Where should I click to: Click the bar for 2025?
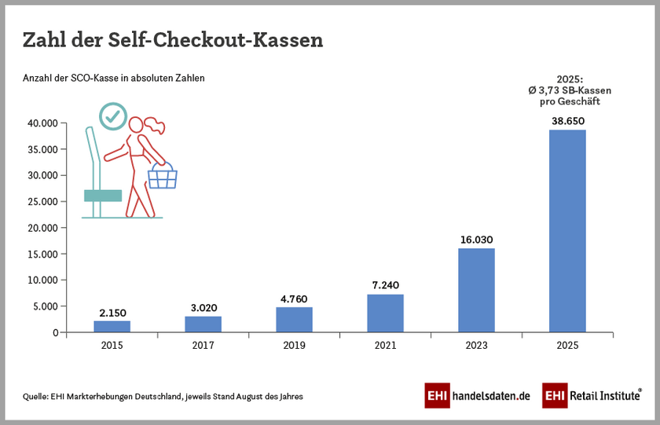pyautogui.click(x=567, y=231)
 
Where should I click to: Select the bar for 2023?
pyautogui.click(x=476, y=290)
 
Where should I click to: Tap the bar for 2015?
pyautogui.click(x=112, y=326)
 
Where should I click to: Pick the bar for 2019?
pyautogui.click(x=294, y=319)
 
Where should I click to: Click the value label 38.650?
pyautogui.click(x=567, y=122)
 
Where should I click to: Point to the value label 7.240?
pyautogui.click(x=385, y=286)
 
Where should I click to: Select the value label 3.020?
pyautogui.click(x=203, y=308)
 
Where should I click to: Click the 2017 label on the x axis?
pyautogui.click(x=203, y=345)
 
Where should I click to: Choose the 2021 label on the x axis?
pyautogui.click(x=385, y=345)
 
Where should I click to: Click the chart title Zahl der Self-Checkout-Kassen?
pyautogui.click(x=173, y=40)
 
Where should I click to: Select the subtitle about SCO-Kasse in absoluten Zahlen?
pyautogui.click(x=113, y=79)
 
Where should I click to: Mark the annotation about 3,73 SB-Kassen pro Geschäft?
pyautogui.click(x=569, y=90)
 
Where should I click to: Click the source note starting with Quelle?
pyautogui.click(x=163, y=397)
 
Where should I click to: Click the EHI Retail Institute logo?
pyautogui.click(x=592, y=396)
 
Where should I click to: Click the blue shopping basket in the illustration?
pyautogui.click(x=163, y=178)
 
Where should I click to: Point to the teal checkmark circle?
pyautogui.click(x=113, y=116)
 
